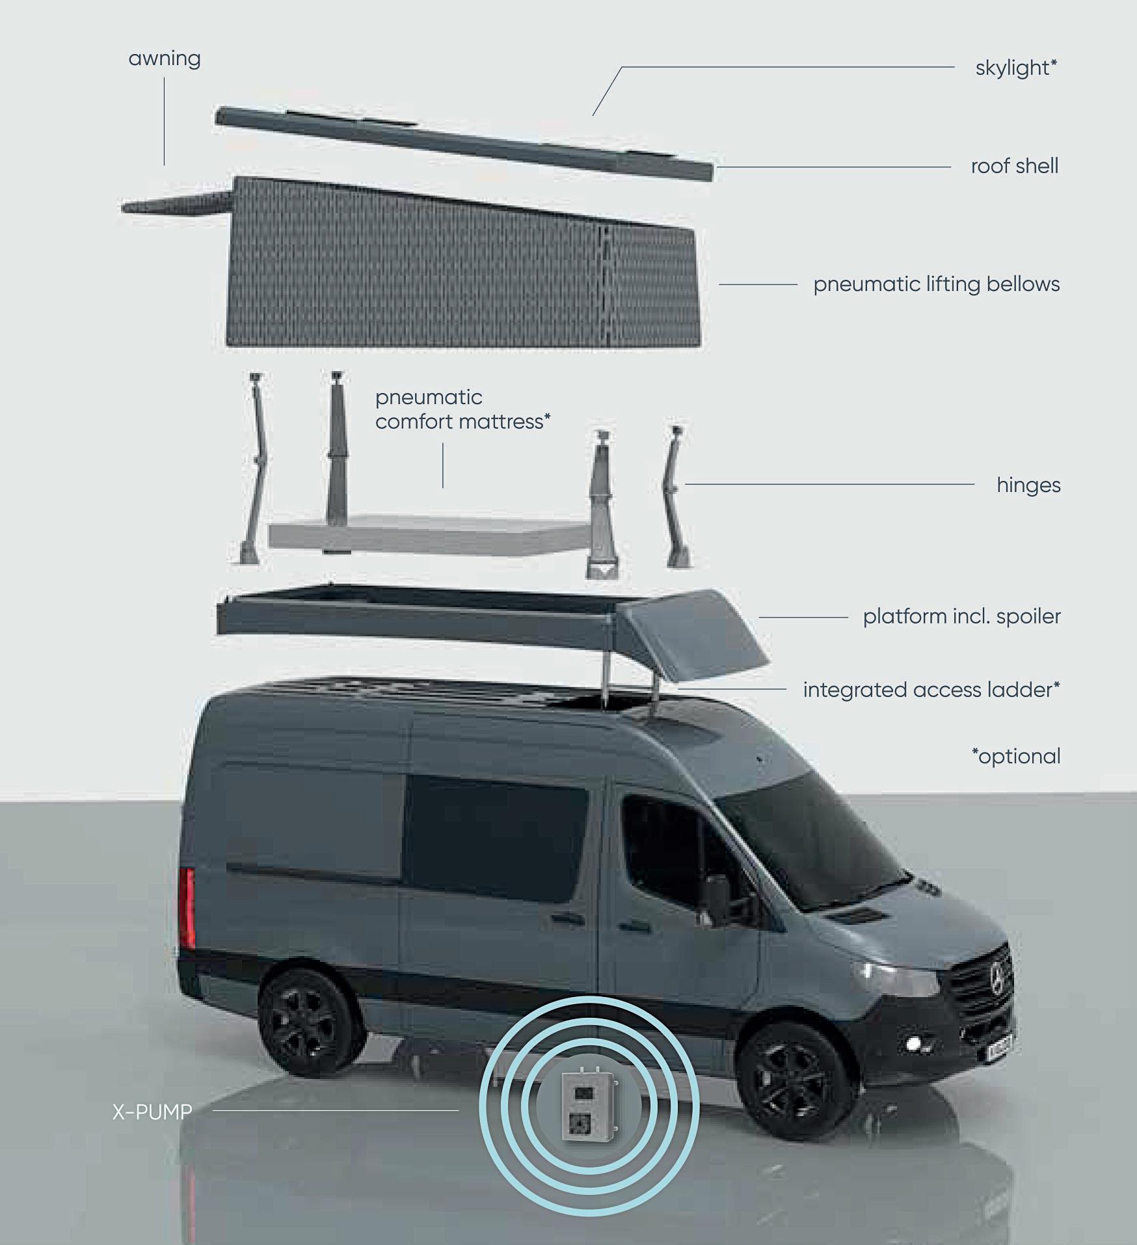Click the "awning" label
[165, 59]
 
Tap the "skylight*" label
[1016, 68]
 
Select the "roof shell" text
[1014, 167]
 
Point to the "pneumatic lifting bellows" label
[936, 284]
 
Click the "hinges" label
[1028, 485]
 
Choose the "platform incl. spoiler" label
[961, 616]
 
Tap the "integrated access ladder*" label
[931, 690]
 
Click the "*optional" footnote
[1016, 756]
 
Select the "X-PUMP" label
[152, 1112]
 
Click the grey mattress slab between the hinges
[429, 534]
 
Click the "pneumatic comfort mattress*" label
[462, 410]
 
